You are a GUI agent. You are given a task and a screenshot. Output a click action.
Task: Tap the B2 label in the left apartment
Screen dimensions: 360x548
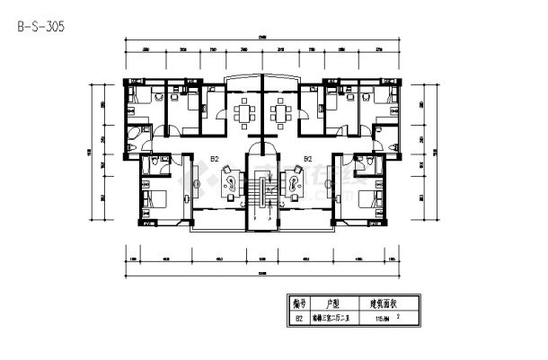click(216, 159)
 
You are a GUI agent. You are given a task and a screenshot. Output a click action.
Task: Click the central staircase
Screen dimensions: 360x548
click(261, 192)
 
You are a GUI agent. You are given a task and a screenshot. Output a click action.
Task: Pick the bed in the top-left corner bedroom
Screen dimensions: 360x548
click(141, 101)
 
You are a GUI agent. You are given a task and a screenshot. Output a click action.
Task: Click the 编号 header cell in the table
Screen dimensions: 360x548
click(299, 303)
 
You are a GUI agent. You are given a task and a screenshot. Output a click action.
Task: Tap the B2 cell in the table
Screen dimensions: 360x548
click(299, 318)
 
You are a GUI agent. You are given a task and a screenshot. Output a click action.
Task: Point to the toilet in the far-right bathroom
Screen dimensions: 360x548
click(371, 162)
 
